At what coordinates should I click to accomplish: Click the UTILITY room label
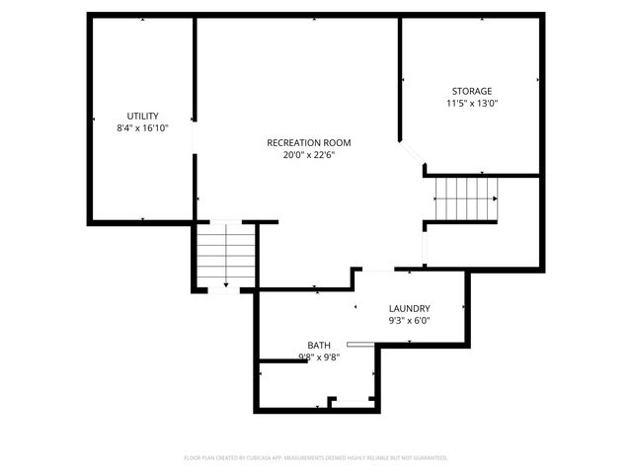[143, 116]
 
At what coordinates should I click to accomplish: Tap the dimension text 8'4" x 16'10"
[143, 128]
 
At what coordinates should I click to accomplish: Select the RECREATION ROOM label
[308, 142]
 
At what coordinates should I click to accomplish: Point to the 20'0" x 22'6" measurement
[308, 155]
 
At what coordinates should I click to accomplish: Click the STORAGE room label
[471, 91]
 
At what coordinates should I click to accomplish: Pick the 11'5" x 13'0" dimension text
[471, 104]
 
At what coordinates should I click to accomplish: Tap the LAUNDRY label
[409, 308]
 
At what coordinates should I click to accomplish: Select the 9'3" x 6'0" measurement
[409, 321]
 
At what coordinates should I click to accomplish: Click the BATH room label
[318, 346]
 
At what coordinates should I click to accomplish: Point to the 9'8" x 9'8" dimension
[318, 357]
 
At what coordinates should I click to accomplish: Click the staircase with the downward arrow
[226, 256]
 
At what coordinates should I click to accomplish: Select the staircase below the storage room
[466, 199]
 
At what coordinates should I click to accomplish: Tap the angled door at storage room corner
[413, 156]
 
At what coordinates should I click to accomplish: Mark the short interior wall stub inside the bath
[282, 362]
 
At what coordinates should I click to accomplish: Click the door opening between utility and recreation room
[194, 138]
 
